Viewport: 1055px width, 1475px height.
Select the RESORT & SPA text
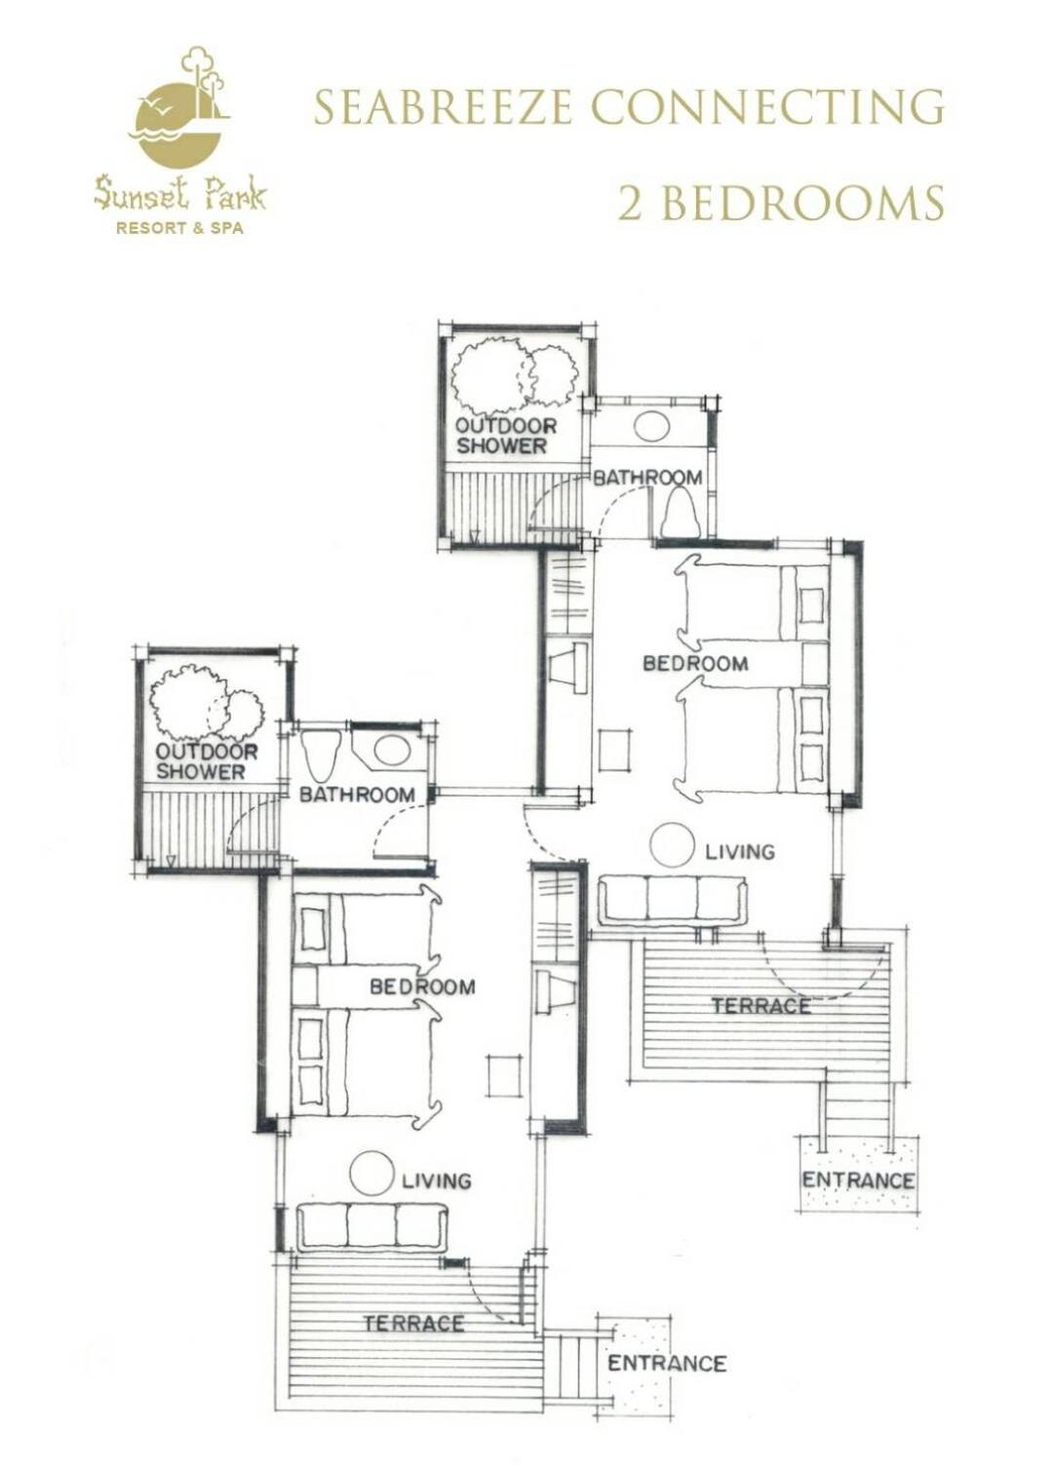click(x=179, y=228)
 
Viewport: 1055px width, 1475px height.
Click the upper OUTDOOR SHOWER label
click(x=505, y=436)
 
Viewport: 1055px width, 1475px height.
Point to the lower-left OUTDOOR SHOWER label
click(x=206, y=761)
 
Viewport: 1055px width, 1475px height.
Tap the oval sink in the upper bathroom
click(x=652, y=425)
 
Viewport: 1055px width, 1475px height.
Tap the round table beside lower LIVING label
click(x=371, y=1173)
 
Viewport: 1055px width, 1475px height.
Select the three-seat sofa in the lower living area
click(x=372, y=1226)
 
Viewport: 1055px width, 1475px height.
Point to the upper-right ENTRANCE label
click(x=858, y=1180)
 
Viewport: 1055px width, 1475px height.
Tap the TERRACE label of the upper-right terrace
click(x=762, y=1006)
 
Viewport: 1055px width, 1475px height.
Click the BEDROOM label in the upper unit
click(x=695, y=663)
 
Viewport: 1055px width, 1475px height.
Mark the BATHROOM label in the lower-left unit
click(x=357, y=795)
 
